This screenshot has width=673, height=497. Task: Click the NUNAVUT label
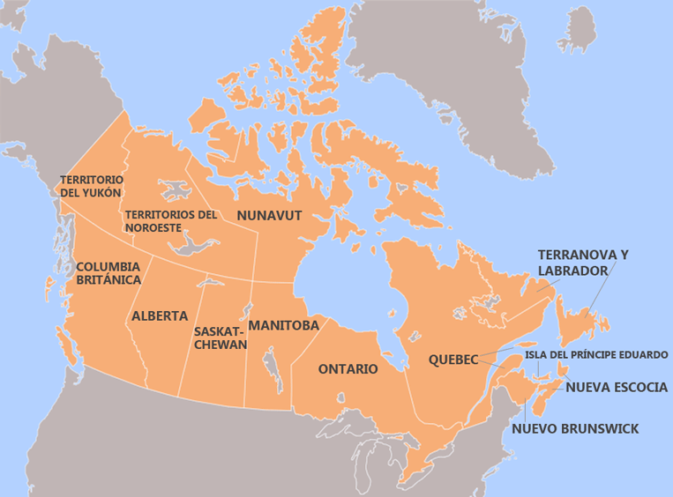[x=269, y=215]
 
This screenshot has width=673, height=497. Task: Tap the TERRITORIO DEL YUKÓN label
[x=91, y=185]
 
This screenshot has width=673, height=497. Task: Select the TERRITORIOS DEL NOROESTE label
[x=170, y=220]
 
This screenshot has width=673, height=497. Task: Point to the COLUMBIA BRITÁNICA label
[x=108, y=272]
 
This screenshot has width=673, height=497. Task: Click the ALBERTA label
[x=160, y=315]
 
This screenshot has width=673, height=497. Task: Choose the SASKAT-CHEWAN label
[x=220, y=338]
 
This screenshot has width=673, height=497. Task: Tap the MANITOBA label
[x=283, y=325]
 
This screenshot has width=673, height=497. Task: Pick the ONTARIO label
[x=348, y=368]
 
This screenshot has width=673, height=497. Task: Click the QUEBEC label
[x=453, y=360]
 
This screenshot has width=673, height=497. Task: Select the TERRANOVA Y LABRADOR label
[x=583, y=263]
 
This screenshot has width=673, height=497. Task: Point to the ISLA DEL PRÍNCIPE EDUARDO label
[x=596, y=355]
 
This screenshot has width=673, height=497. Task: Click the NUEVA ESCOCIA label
[x=617, y=387]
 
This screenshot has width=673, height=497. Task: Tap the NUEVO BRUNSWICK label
[x=575, y=429]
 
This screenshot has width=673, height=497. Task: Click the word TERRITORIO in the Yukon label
[x=91, y=179]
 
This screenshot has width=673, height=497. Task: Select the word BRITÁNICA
[x=108, y=279]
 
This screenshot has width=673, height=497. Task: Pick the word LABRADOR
[x=573, y=271]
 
